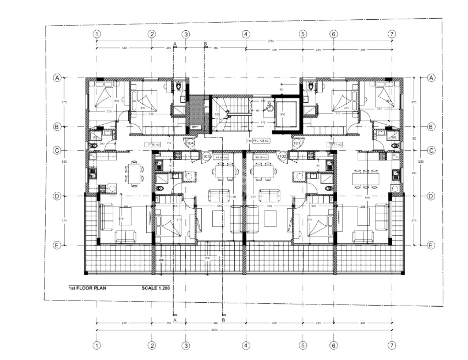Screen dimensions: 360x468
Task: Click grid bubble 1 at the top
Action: [97, 34]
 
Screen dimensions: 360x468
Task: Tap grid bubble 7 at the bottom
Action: [392, 345]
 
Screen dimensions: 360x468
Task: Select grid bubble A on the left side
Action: [57, 78]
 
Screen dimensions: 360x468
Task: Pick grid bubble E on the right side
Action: [431, 245]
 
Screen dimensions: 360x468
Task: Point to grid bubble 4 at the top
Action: [246, 34]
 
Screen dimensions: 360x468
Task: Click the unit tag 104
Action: [190, 143]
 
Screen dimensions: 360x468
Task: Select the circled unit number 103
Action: [206, 156]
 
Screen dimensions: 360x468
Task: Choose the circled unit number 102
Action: [283, 156]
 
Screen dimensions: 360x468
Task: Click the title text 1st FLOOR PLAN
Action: [87, 288]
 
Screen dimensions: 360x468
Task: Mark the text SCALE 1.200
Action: [156, 288]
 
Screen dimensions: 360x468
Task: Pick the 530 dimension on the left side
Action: [64, 162]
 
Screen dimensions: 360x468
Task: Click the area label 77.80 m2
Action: [154, 145]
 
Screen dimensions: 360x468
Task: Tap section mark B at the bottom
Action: [224, 320]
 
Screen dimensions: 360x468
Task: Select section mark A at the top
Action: [175, 44]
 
